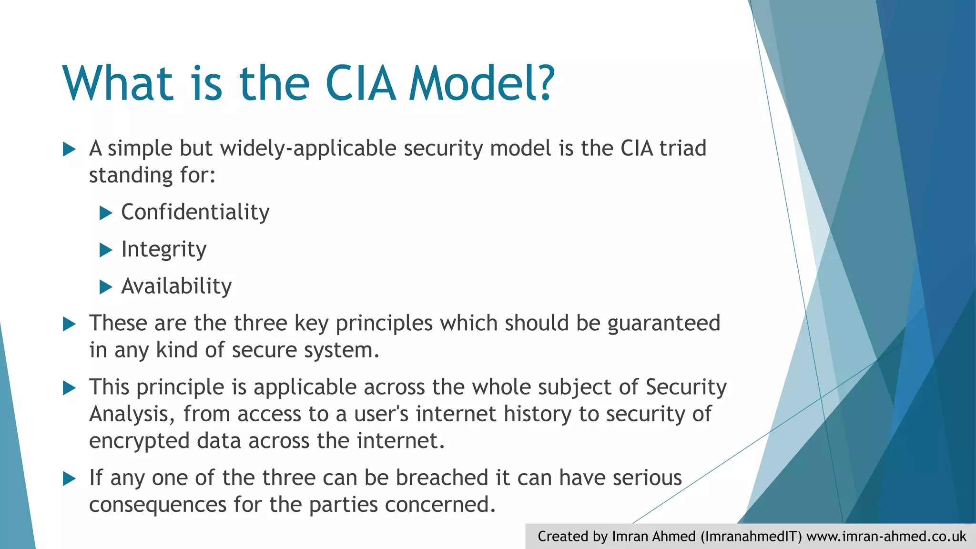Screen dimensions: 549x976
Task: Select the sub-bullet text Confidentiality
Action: pos(195,212)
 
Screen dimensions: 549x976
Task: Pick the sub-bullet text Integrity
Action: pos(163,249)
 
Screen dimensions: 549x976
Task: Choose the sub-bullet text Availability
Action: pos(176,286)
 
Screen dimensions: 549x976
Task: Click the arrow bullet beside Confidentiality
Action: pos(105,213)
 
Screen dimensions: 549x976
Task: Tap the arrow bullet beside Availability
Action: pos(105,287)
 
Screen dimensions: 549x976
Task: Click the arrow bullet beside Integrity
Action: pos(105,250)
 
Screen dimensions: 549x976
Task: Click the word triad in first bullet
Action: pos(682,148)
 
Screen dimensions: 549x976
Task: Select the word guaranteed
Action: pos(663,324)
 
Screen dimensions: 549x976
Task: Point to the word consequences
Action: pos(157,505)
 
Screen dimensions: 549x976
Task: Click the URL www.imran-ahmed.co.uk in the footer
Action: pos(886,537)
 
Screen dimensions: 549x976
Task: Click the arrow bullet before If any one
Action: pos(70,478)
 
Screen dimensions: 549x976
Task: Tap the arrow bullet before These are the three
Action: pos(70,324)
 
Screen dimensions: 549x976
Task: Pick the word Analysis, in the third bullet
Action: pos(132,414)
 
